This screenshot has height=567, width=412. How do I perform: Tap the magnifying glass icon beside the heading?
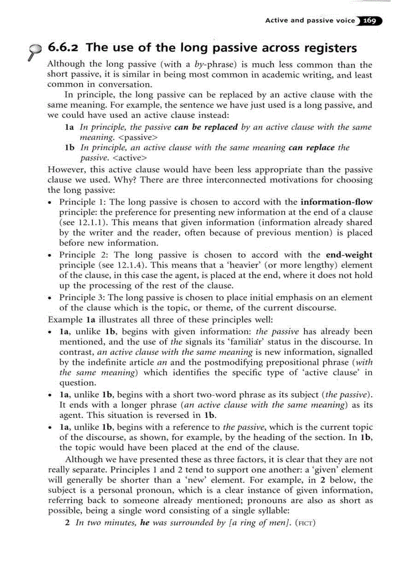tap(35, 50)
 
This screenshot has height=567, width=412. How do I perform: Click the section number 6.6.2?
tap(65, 48)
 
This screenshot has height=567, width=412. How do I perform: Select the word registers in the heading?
tap(329, 48)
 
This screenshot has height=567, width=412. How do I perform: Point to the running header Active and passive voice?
tap(306, 21)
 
